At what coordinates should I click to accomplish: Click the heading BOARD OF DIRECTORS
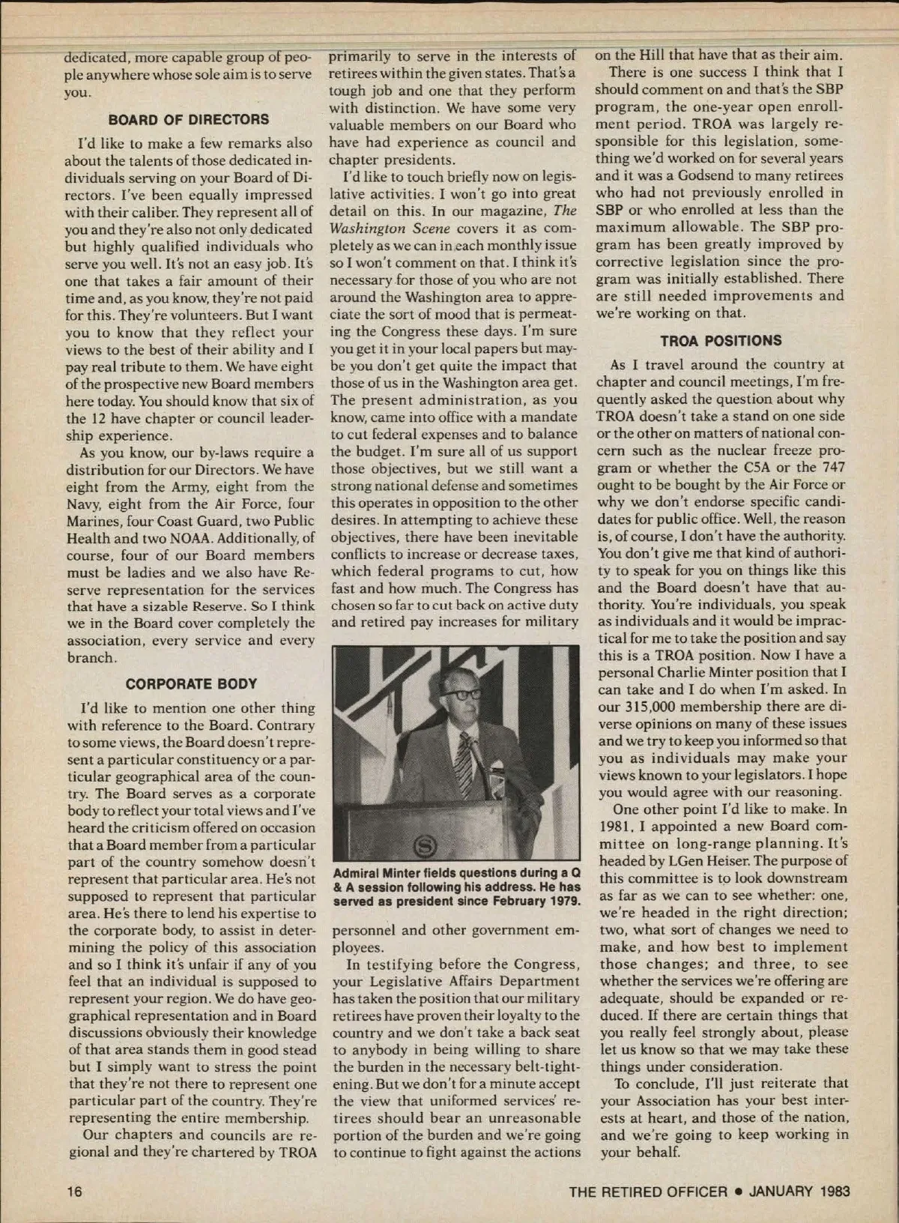pos(188,119)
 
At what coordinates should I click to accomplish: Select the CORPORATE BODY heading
pos(191,683)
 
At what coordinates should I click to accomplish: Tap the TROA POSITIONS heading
pos(720,341)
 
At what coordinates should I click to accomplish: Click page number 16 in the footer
pos(73,1192)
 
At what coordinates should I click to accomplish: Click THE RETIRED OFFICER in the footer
pos(648,1192)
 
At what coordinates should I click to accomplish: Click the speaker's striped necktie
pos(465,757)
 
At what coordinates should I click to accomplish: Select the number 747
pos(827,468)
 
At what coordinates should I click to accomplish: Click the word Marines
pos(97,519)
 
